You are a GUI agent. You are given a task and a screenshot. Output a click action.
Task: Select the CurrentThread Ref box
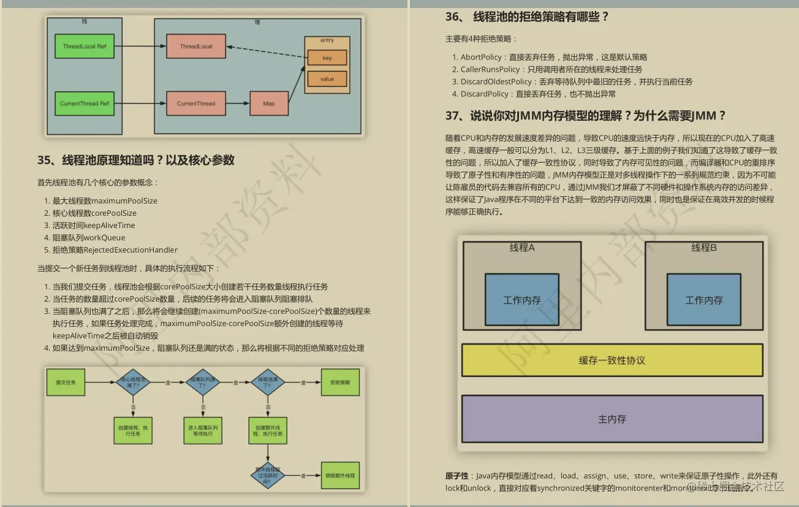(85, 104)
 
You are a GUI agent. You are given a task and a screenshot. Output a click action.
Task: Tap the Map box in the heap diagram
(269, 104)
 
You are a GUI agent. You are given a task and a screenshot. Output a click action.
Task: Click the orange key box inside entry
(327, 58)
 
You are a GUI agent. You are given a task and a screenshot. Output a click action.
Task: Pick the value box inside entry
(327, 79)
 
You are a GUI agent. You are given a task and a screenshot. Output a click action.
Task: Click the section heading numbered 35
(136, 161)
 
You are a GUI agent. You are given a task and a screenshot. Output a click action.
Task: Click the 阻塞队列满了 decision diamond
(202, 382)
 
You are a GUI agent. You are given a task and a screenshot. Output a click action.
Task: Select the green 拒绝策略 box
(339, 382)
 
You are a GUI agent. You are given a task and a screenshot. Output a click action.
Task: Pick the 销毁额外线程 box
(339, 476)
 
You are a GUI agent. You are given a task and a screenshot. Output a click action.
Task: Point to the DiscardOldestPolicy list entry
(496, 82)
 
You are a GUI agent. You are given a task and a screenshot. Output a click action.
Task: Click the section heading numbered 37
(586, 116)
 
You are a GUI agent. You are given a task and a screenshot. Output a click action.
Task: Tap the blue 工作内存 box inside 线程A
(522, 300)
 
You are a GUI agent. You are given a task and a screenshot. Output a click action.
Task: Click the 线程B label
(704, 248)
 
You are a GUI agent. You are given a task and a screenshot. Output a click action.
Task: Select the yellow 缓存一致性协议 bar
(612, 360)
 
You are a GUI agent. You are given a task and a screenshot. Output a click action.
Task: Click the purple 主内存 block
(612, 419)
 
